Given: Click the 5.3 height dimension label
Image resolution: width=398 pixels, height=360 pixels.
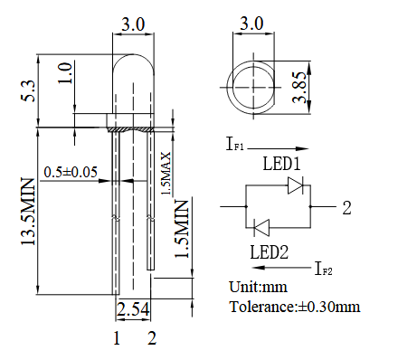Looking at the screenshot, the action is (x=28, y=90).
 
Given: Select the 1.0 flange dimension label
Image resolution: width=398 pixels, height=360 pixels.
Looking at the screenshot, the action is (x=65, y=73).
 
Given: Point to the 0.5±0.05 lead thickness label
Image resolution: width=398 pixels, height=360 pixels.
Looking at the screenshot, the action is (x=71, y=172).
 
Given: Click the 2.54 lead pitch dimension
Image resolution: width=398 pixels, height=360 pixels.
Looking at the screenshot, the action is (x=133, y=308).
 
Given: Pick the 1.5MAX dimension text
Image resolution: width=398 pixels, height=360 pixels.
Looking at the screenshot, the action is (x=166, y=173).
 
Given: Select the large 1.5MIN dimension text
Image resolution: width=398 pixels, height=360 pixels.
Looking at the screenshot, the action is (x=182, y=229).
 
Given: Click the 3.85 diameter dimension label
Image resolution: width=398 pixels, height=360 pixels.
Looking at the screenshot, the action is (x=299, y=87).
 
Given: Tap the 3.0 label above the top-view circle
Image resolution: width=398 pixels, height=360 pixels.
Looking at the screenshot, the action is (x=251, y=24).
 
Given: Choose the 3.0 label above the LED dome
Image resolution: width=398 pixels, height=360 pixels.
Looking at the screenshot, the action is (x=133, y=24).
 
